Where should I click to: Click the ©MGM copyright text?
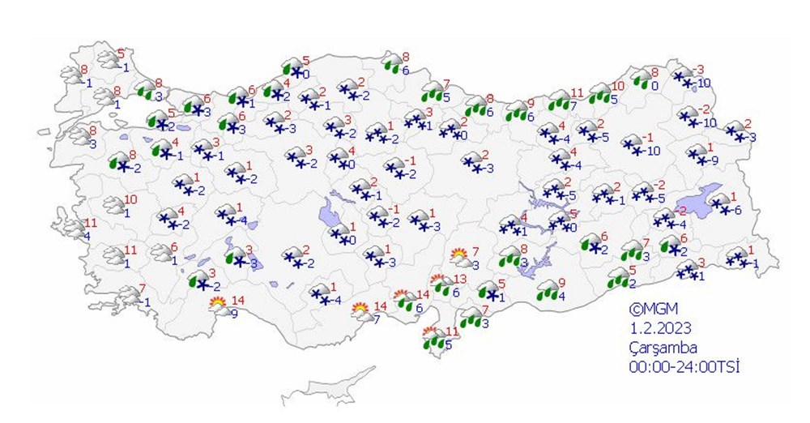click(x=654, y=309)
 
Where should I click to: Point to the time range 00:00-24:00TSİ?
click(x=685, y=366)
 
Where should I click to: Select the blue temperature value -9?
click(x=714, y=160)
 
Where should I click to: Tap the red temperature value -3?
click(x=700, y=69)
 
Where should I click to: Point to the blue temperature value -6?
click(x=736, y=211)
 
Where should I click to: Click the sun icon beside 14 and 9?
click(x=218, y=305)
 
